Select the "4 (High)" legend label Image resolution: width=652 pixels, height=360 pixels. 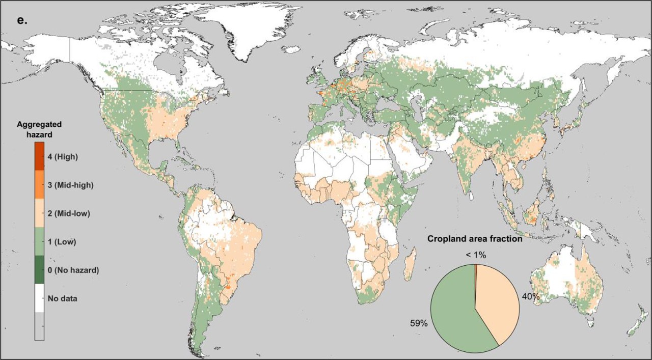tap(62, 157)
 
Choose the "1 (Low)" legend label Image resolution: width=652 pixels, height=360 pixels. tap(61, 242)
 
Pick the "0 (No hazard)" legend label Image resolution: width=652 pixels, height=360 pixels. tap(72, 270)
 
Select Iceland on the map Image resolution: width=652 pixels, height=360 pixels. tap(292, 50)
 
